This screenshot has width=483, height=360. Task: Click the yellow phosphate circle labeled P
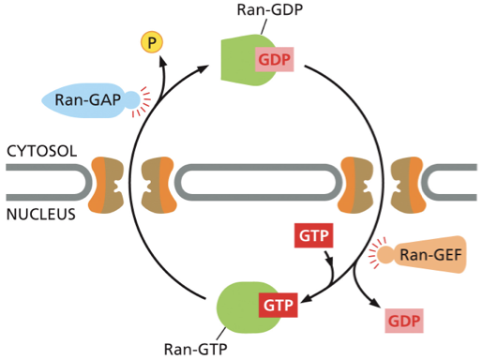pyautogui.click(x=150, y=42)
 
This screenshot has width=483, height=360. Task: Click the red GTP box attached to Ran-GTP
pyautogui.click(x=277, y=305)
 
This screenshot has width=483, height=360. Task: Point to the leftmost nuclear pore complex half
pyautogui.click(x=105, y=182)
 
